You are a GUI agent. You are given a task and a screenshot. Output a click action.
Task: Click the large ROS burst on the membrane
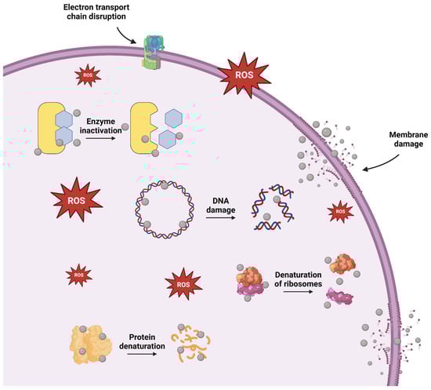[245, 74]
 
